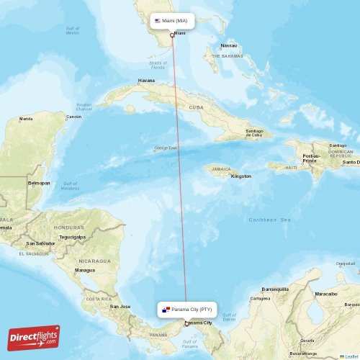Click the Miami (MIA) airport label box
point(172,21)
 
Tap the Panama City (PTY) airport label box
point(186,309)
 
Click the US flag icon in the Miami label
point(158,21)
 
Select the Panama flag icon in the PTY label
point(166,309)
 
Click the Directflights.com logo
point(35,337)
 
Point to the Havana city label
point(146,81)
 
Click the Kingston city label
point(241,176)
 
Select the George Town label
point(166,148)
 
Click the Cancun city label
point(73,117)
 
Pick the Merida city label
point(26,119)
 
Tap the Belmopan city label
point(39,183)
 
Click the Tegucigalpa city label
point(72,236)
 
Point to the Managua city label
point(84,270)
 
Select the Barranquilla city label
point(275,289)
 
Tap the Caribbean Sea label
point(269,219)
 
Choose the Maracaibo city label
point(325,294)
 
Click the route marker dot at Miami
point(171,35)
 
